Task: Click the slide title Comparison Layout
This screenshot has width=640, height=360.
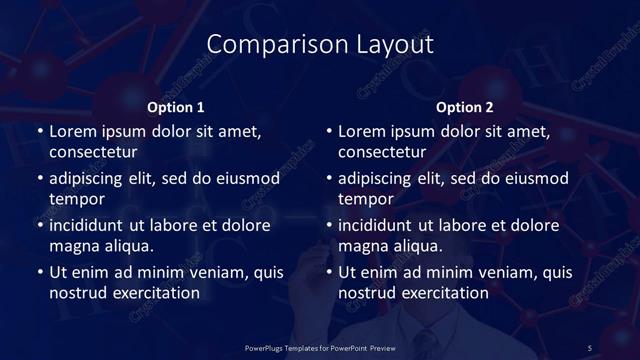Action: coord(320,45)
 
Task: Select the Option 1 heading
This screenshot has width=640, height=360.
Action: coord(176,107)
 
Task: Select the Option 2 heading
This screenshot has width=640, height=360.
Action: coord(465,107)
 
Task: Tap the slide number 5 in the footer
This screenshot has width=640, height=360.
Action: coord(589,347)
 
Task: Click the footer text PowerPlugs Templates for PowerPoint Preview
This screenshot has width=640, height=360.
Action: coord(320,347)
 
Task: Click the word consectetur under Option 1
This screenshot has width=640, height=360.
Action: coord(93,152)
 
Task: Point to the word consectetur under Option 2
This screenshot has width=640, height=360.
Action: coord(382,152)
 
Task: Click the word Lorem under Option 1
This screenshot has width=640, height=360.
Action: coord(73,131)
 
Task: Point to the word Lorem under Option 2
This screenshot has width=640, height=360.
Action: coord(362,131)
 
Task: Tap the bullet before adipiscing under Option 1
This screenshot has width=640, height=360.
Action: coord(39,179)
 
